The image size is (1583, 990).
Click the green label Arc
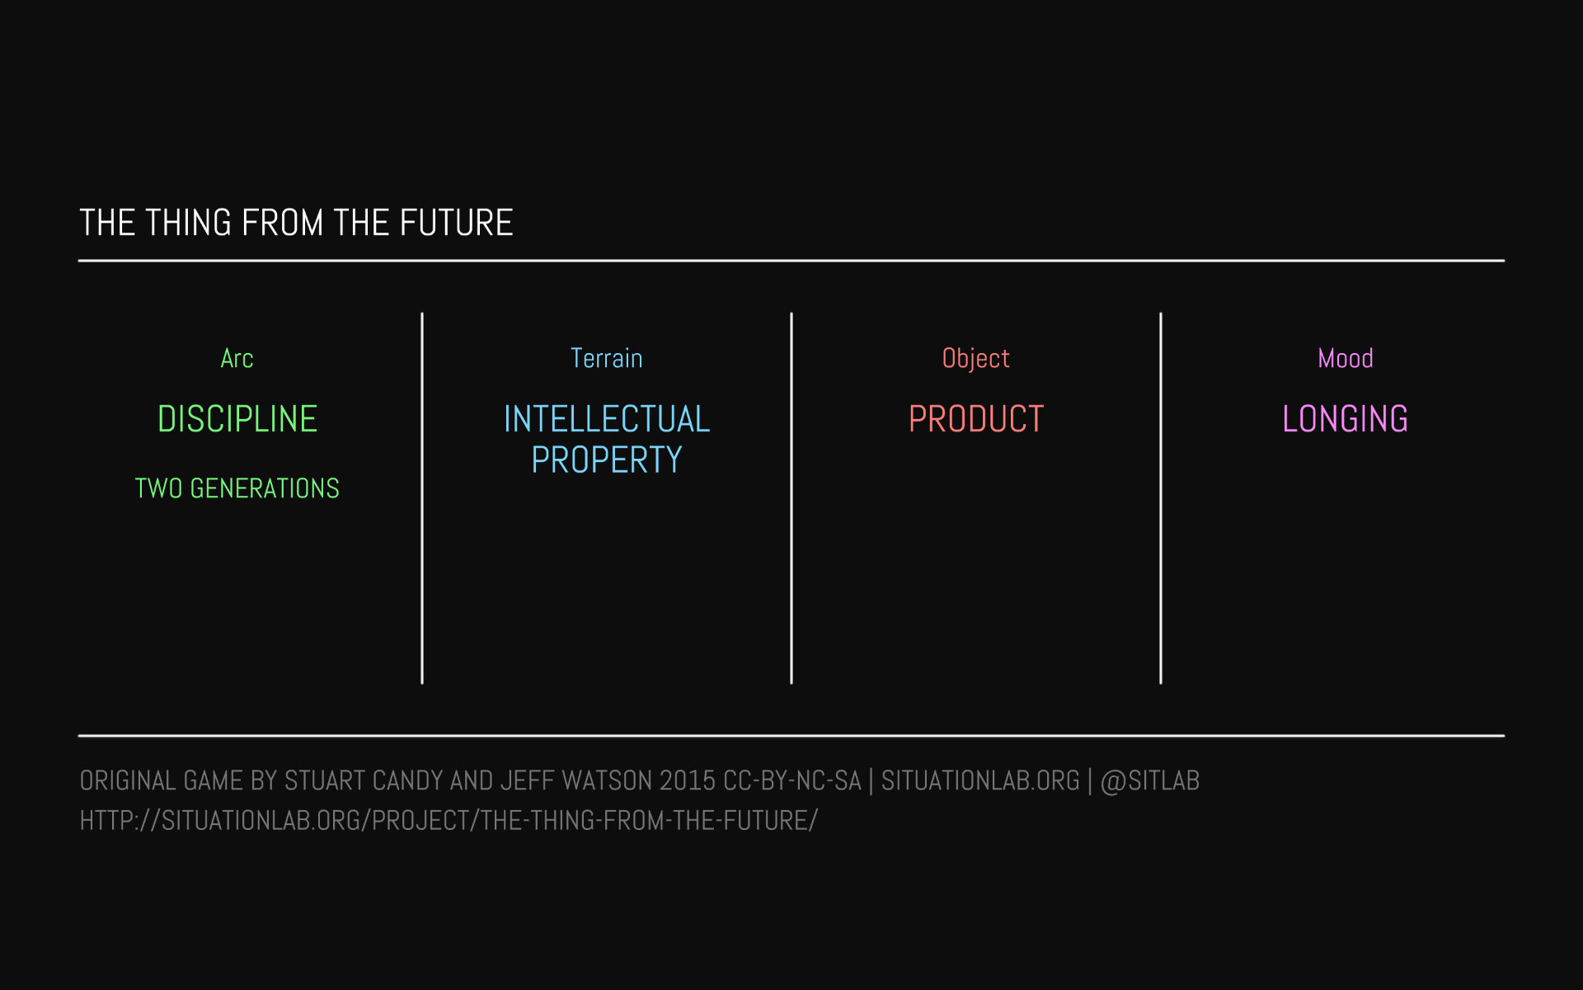(237, 358)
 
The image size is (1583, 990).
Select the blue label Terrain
(606, 358)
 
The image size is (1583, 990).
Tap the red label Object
(975, 359)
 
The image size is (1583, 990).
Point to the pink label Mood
(1345, 358)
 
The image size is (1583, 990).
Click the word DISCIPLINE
(237, 419)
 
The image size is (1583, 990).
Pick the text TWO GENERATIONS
(237, 488)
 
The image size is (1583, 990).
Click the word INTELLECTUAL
(607, 419)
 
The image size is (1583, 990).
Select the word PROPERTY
(607, 460)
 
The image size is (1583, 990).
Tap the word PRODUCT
(976, 419)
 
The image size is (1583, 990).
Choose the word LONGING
(1346, 419)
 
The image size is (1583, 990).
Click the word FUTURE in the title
(456, 223)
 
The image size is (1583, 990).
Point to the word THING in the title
(189, 223)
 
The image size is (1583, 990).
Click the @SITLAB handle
(1150, 780)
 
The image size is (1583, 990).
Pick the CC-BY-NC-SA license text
(792, 780)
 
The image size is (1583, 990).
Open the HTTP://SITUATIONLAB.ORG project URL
(449, 821)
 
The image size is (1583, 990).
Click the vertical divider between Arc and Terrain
(422, 498)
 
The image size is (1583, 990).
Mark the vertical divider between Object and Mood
(1161, 498)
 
